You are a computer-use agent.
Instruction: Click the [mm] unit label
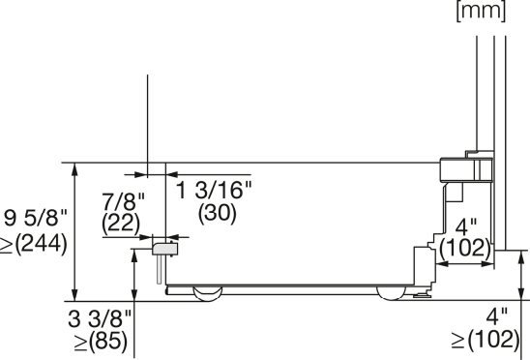click(x=481, y=11)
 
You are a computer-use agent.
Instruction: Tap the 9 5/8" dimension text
click(x=36, y=218)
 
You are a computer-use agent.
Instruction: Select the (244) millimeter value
click(x=42, y=243)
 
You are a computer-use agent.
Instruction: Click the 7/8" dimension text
click(x=123, y=201)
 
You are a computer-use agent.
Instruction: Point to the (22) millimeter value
click(x=121, y=224)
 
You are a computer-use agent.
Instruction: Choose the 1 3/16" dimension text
click(x=215, y=190)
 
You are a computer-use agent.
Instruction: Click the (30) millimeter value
click(x=217, y=213)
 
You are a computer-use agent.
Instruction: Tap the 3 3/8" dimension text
click(x=100, y=318)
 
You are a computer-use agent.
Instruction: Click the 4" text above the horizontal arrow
click(x=466, y=227)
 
